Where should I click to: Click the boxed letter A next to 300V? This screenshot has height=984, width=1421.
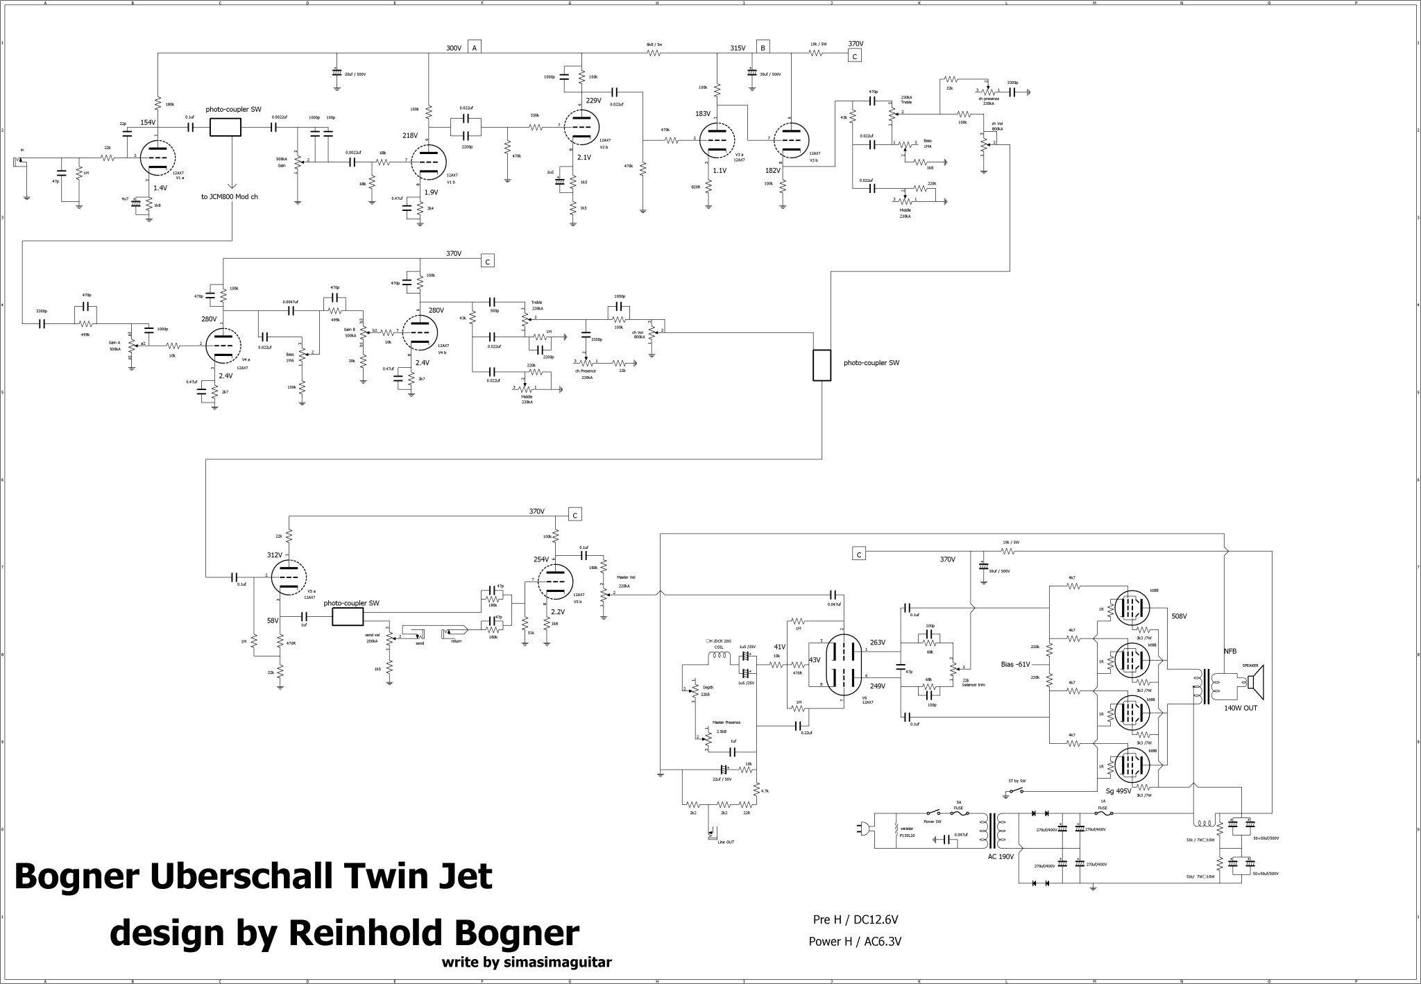(475, 48)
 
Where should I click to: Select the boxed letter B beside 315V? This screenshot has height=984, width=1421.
(763, 48)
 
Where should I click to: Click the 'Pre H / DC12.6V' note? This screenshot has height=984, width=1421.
(856, 919)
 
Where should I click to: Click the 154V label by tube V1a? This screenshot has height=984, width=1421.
(148, 123)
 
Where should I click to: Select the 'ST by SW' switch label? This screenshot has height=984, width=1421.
(1017, 781)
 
